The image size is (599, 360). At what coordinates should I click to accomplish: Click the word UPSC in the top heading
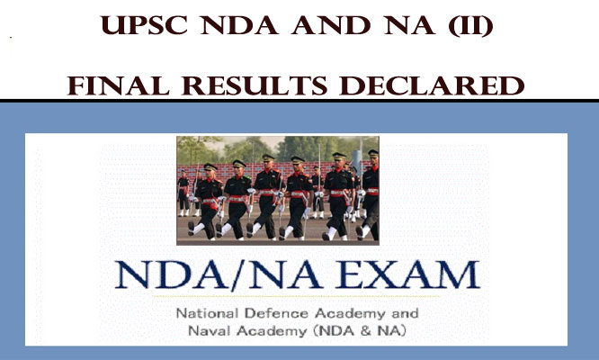coord(144,25)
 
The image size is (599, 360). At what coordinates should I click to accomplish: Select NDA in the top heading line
coord(239,25)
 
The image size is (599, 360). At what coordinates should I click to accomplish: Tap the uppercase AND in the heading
coord(331,25)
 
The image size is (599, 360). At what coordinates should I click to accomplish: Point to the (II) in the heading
coord(470,26)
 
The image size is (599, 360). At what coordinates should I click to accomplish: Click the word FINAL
coord(119,85)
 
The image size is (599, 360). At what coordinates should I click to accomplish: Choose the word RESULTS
coord(255,85)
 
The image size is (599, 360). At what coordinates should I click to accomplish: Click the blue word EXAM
coord(407,274)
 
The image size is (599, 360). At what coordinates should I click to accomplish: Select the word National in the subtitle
coord(207,313)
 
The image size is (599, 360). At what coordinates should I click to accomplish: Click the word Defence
coord(276,313)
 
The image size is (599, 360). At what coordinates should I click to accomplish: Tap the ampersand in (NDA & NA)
coord(365,330)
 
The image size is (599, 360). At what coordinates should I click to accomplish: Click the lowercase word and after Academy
coord(405,313)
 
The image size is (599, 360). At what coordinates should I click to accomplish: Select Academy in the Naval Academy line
coord(272,331)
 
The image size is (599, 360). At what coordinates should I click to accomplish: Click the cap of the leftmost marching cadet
coord(210,166)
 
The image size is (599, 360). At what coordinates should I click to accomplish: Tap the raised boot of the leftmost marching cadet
coord(192,229)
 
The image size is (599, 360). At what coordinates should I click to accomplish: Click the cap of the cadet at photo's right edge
coord(373,153)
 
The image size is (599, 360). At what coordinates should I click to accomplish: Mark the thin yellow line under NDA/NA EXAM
coord(296,296)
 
